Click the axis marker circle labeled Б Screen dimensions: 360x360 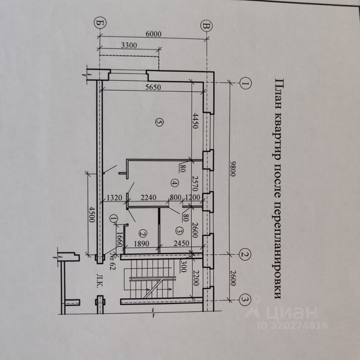[99, 23]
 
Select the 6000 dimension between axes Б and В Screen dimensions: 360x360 [153, 34]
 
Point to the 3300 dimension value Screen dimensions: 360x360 [129, 45]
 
